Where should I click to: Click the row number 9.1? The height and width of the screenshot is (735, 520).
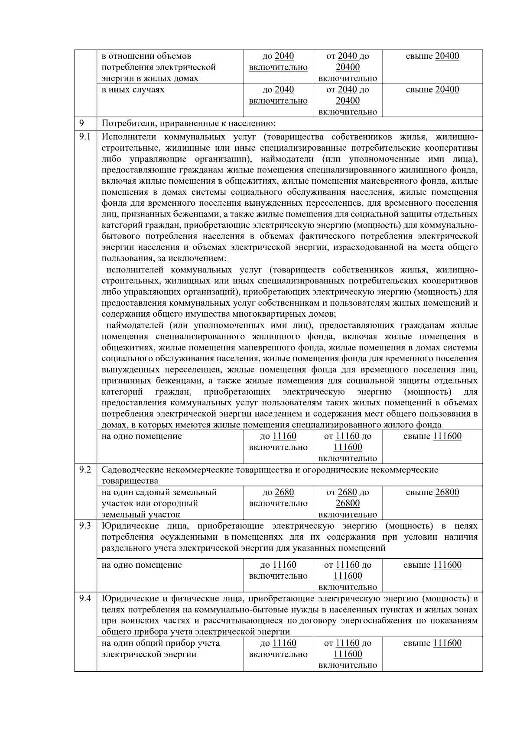pyautogui.click(x=85, y=137)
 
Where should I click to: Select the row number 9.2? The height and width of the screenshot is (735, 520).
pyautogui.click(x=85, y=469)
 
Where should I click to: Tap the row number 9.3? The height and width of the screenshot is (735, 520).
pyautogui.click(x=85, y=525)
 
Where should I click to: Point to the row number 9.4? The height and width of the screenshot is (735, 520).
pyautogui.click(x=85, y=598)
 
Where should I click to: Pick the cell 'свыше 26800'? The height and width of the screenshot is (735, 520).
pyautogui.click(x=432, y=492)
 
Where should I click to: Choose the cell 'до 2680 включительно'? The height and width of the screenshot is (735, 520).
pyautogui.click(x=278, y=498)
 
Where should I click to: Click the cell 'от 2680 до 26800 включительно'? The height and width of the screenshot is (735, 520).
pyautogui.click(x=348, y=503)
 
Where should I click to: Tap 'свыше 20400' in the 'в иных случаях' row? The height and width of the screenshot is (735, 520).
pyautogui.click(x=432, y=90)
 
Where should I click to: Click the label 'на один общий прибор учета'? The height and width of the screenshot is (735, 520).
pyautogui.click(x=160, y=643)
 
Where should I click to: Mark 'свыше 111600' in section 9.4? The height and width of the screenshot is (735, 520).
pyautogui.click(x=432, y=643)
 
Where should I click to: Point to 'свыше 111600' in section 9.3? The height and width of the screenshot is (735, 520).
pyautogui.click(x=432, y=565)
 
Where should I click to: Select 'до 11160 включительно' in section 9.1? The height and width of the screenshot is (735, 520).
pyautogui.click(x=278, y=441)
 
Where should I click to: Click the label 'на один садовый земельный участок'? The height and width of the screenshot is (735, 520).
pyautogui.click(x=159, y=498)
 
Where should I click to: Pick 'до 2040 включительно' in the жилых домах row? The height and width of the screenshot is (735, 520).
pyautogui.click(x=278, y=62)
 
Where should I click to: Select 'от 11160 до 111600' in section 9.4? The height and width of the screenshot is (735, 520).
pyautogui.click(x=348, y=649)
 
